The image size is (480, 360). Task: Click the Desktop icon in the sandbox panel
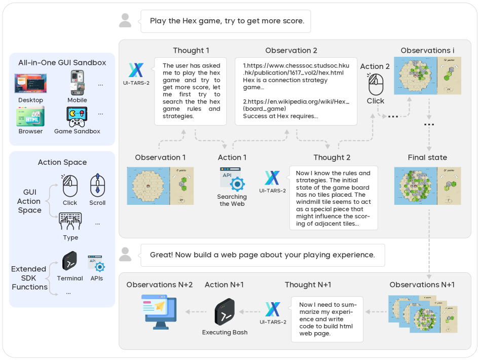click(31, 84)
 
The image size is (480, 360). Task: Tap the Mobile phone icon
click(77, 83)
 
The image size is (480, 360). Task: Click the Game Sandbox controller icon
click(77, 117)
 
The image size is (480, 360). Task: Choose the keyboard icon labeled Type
click(70, 222)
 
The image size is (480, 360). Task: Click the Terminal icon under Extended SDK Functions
click(70, 261)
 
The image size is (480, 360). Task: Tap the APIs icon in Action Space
click(96, 263)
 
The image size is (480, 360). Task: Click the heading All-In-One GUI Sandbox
click(62, 63)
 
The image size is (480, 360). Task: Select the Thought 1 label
click(191, 51)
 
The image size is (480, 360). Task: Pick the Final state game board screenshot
click(427, 186)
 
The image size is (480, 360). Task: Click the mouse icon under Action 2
click(376, 84)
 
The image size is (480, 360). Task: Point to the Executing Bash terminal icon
click(225, 312)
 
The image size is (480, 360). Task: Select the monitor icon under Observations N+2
click(160, 310)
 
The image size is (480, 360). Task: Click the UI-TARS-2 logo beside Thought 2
click(272, 178)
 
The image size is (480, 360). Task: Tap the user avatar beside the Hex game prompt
click(125, 21)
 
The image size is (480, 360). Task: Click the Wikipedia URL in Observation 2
click(296, 105)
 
